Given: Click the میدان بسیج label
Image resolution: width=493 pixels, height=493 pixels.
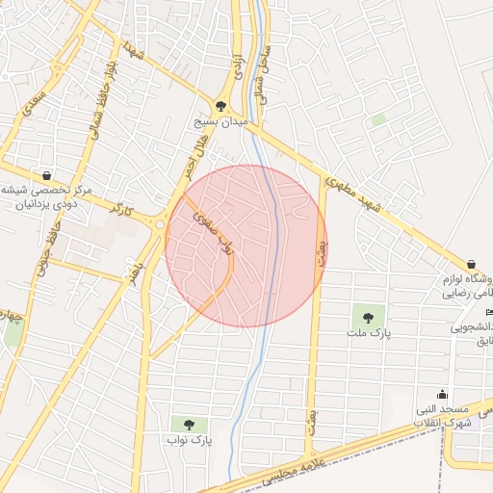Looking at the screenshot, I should [x=221, y=123].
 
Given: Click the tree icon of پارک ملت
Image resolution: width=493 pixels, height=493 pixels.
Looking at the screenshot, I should [x=367, y=315].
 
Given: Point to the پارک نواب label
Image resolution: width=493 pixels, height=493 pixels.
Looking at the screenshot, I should [x=189, y=440].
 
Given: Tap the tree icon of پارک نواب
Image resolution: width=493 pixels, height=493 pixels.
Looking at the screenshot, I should [x=189, y=423].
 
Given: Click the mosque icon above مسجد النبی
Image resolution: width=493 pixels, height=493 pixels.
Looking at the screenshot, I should [x=442, y=394].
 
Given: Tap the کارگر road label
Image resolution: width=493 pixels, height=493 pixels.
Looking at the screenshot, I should [x=121, y=208].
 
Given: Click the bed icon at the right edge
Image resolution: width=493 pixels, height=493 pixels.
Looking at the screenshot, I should [x=489, y=312].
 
